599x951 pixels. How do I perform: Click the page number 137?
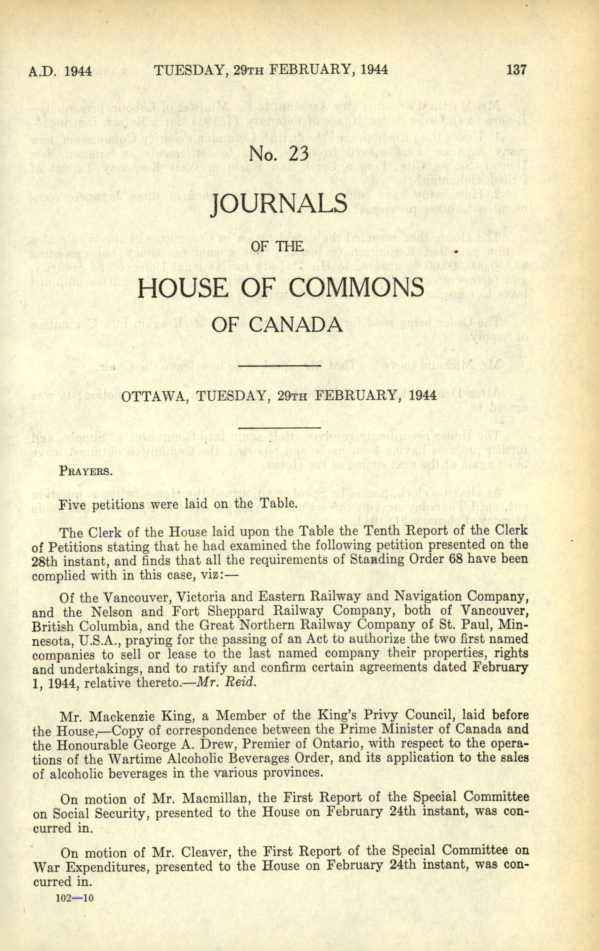click(x=516, y=70)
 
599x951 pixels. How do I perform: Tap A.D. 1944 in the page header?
click(x=60, y=71)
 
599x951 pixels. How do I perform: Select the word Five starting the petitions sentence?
click(x=74, y=504)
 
